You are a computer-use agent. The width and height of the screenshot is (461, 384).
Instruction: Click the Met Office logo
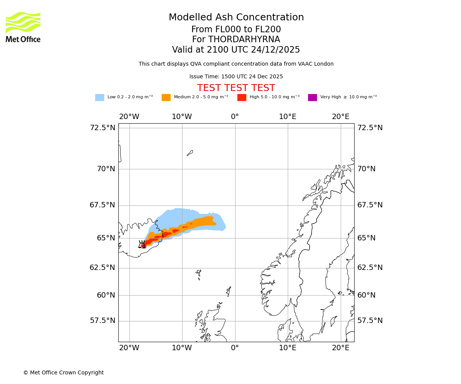click(x=23, y=27)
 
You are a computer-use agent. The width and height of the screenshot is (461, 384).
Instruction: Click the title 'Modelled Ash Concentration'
click(x=236, y=17)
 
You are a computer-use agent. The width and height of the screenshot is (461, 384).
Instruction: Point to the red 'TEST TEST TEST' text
click(x=236, y=88)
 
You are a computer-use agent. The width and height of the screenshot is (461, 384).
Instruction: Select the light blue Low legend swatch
click(x=99, y=98)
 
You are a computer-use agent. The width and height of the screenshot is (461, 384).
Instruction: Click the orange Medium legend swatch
click(x=166, y=98)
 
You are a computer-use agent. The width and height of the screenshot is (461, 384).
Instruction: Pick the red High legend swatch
click(x=242, y=98)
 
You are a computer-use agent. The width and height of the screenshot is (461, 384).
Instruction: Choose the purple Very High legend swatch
click(x=312, y=98)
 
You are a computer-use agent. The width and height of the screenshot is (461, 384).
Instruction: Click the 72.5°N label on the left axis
click(x=102, y=128)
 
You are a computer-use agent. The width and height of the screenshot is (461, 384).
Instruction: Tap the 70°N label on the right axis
click(x=366, y=169)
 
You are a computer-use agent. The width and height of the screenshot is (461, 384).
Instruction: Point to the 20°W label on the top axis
click(x=129, y=117)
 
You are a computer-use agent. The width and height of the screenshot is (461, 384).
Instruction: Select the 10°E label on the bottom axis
click(x=288, y=348)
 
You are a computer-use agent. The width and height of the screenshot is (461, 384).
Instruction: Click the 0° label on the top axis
click(x=235, y=117)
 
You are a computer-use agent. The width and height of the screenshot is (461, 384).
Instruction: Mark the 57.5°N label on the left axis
click(x=102, y=321)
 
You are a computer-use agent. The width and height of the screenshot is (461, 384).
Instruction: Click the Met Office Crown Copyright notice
click(x=63, y=372)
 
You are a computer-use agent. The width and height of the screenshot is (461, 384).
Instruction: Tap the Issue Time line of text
click(x=236, y=77)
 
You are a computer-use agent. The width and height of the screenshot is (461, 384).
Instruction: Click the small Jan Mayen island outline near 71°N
click(x=190, y=153)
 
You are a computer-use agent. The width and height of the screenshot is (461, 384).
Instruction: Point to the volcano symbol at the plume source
click(x=142, y=245)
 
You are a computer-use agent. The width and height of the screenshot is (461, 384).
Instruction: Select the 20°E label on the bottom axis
click(x=340, y=348)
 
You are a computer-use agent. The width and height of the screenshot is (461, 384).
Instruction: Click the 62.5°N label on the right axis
click(x=370, y=268)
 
